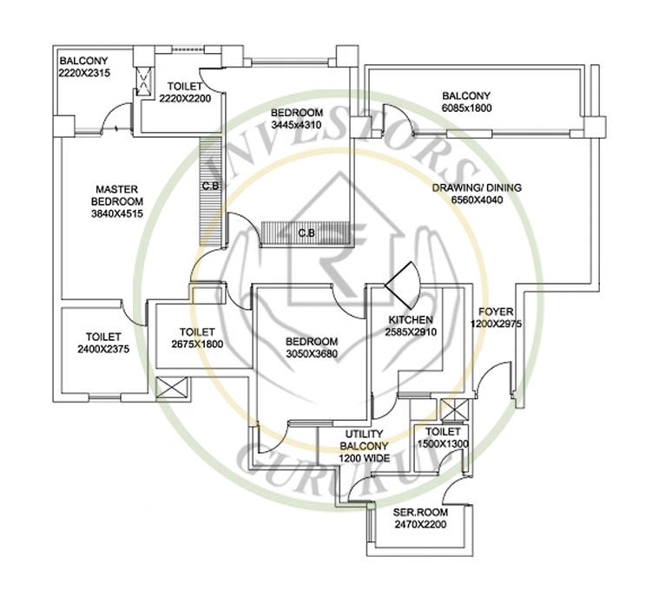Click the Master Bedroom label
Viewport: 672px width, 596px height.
click(117, 195)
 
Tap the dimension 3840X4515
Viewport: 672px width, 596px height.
click(117, 214)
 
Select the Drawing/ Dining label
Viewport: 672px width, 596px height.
click(477, 187)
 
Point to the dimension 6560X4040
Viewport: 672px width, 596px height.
click(477, 200)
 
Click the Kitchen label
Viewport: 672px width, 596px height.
click(411, 320)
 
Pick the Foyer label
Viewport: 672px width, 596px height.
click(496, 311)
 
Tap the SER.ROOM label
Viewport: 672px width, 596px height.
click(420, 512)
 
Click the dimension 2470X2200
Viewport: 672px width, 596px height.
click(420, 525)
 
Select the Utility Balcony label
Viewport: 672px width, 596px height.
click(365, 440)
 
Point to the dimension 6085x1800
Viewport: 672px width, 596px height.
click(466, 108)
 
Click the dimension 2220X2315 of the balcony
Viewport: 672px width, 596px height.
click(84, 73)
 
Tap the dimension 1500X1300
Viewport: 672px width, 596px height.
click(443, 444)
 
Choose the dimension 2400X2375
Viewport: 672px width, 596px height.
click(103, 350)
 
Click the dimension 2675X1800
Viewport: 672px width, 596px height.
click(197, 344)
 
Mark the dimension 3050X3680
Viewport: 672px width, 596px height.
click(312, 354)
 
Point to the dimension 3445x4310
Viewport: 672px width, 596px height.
click(297, 125)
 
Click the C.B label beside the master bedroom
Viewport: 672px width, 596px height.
click(210, 187)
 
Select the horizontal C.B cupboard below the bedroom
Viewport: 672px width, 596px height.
click(306, 233)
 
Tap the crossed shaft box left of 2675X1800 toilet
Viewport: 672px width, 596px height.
click(171, 389)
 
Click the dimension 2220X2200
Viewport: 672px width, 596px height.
click(185, 99)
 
